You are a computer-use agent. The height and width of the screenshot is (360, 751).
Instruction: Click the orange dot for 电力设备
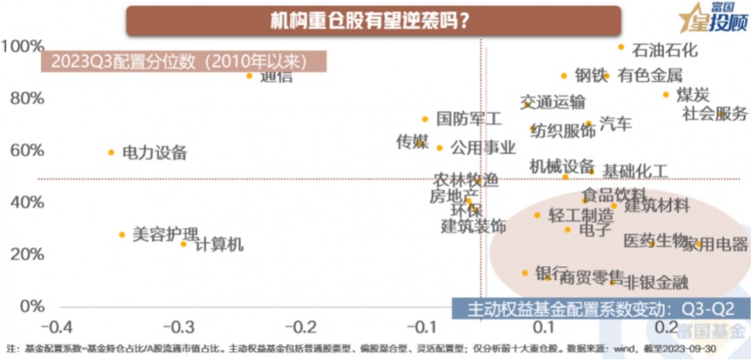click(111, 152)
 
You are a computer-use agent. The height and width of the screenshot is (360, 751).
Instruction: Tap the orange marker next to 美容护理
click(122, 235)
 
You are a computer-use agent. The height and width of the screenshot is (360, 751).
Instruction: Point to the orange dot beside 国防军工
click(425, 119)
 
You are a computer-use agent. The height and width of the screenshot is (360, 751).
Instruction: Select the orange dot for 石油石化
click(621, 47)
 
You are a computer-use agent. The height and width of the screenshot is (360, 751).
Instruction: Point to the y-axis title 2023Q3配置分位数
click(183, 62)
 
